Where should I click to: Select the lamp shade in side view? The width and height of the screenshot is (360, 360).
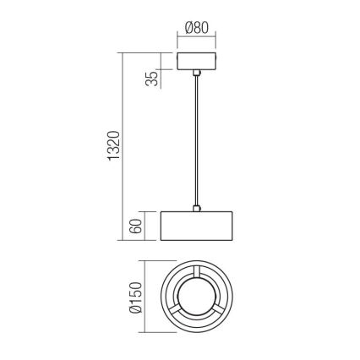point(196,224)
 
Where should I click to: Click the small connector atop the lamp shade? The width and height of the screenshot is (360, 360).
point(196,206)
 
